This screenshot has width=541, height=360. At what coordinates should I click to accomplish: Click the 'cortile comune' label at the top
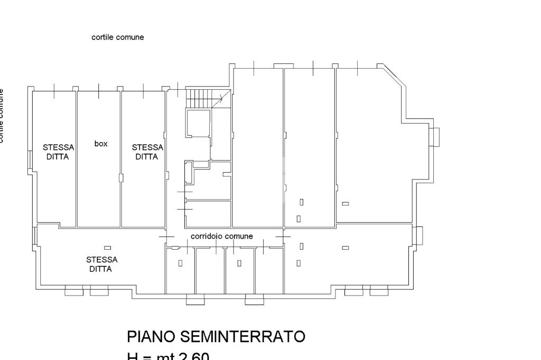[x=118, y=37]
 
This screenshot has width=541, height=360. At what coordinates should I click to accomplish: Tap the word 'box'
[x=100, y=144]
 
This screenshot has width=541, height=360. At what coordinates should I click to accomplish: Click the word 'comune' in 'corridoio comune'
[x=239, y=236]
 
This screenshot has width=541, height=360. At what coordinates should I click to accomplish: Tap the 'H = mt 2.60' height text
[x=167, y=356]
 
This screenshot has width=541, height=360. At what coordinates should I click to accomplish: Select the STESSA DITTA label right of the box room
[x=147, y=152]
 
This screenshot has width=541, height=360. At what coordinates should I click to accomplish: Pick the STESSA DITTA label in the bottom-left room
[x=101, y=264]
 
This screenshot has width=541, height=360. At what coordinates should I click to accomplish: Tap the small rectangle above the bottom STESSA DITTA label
[x=107, y=248]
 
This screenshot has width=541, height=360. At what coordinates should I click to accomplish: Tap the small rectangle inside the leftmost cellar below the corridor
[x=180, y=263]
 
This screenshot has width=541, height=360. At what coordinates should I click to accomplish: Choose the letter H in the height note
[x=132, y=356]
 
